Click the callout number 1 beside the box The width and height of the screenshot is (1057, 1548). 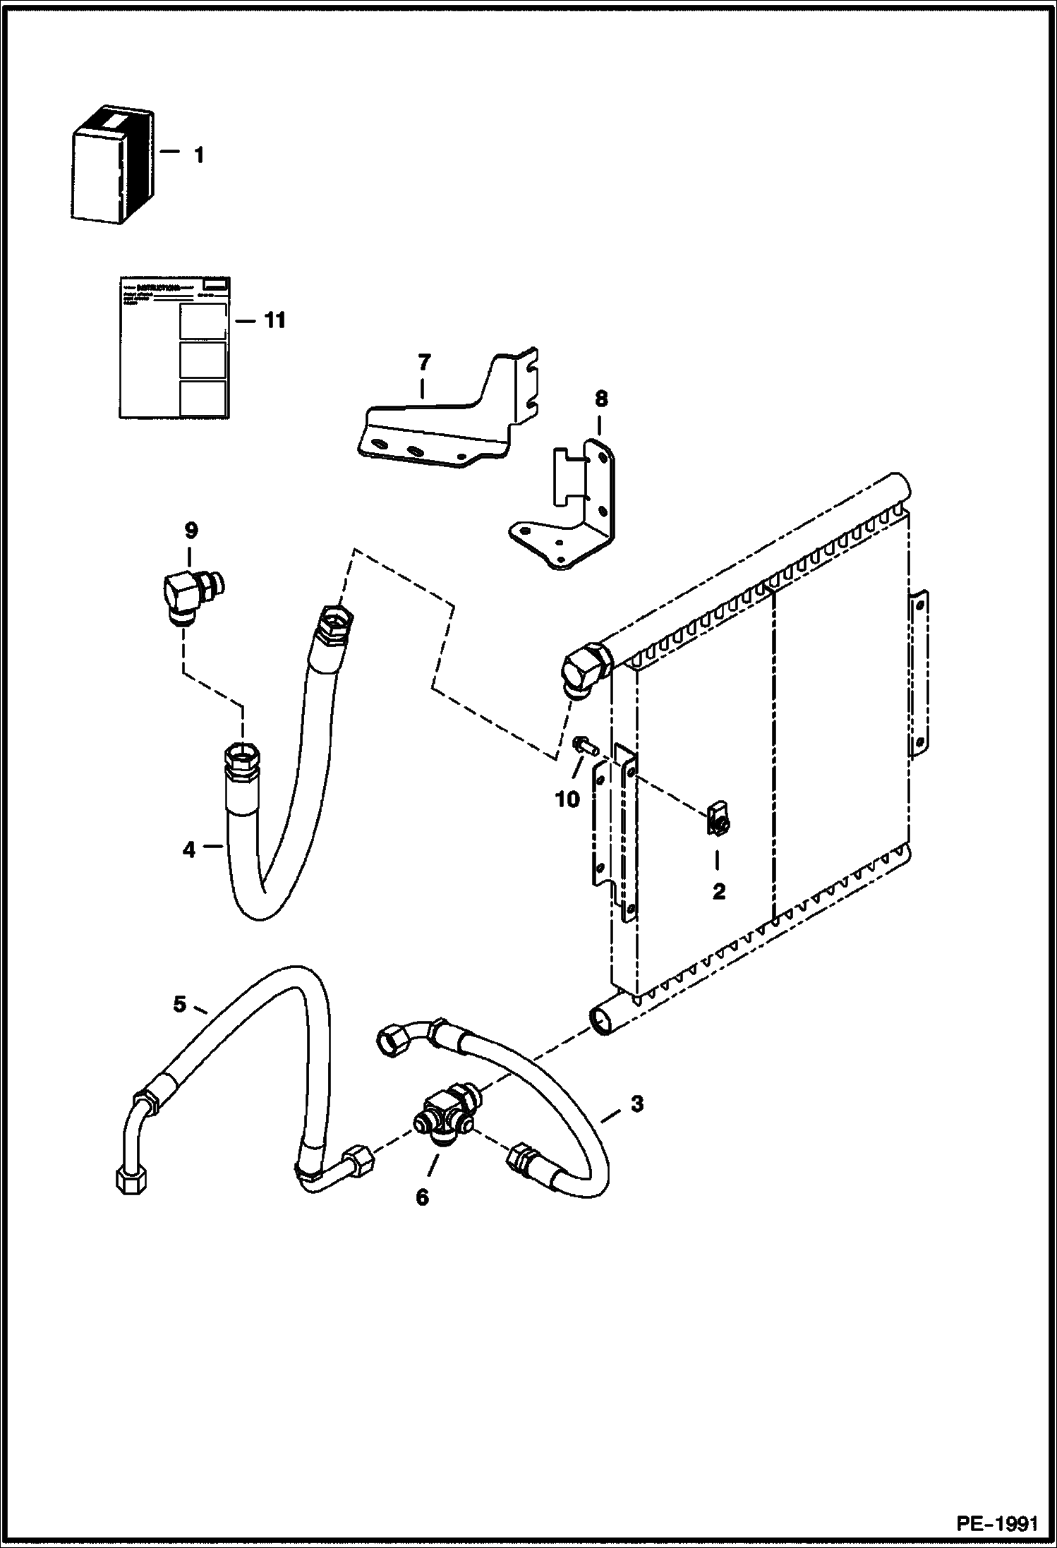[x=199, y=155]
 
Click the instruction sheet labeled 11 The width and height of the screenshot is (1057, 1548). [x=174, y=346]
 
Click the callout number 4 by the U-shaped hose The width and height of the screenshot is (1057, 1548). [x=188, y=850]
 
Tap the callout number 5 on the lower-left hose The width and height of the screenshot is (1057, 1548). [x=179, y=1004]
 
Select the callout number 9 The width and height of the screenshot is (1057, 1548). [x=191, y=530]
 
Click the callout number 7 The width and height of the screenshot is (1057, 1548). [x=423, y=363]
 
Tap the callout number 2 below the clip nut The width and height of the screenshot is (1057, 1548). [x=718, y=892]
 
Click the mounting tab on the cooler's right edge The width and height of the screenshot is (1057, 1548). [x=919, y=677]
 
